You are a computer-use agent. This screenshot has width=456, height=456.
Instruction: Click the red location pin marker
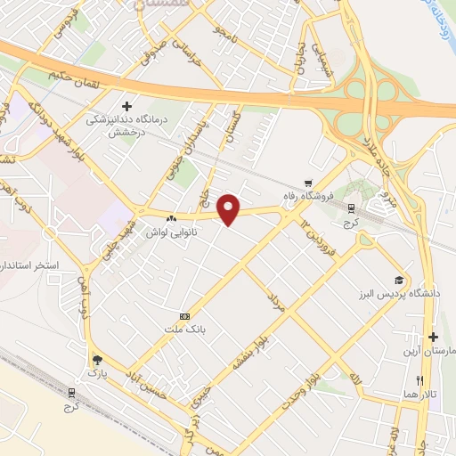(x=230, y=209)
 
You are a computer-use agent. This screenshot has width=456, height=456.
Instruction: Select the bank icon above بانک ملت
(x=184, y=316)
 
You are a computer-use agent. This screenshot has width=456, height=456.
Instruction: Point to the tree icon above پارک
(x=96, y=360)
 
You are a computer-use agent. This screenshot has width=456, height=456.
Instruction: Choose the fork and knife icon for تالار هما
(x=407, y=379)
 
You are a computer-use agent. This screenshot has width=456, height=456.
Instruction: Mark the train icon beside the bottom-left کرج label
(x=71, y=392)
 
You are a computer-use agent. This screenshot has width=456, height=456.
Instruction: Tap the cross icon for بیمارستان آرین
(x=433, y=337)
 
